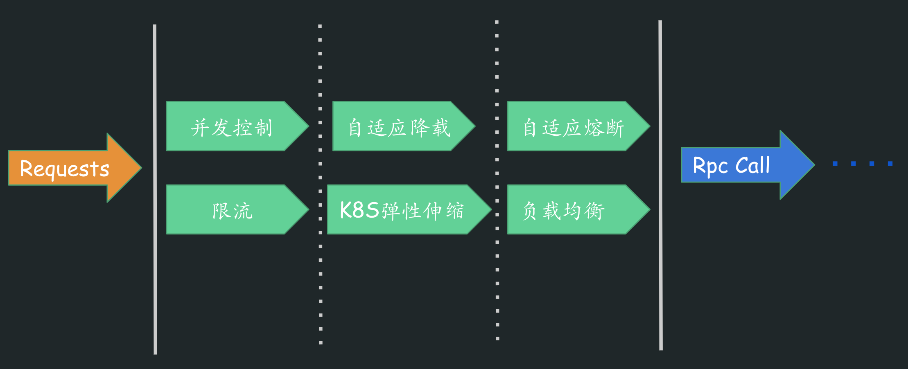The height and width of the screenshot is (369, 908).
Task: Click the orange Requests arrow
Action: pos(74,168)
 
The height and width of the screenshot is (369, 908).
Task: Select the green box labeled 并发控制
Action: pos(232,126)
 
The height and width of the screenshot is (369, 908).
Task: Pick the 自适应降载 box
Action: pos(399,126)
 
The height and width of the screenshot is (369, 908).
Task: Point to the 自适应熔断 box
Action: pos(573,126)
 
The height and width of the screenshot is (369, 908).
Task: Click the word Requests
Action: pos(65,169)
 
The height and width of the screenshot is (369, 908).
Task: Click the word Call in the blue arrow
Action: pos(752,165)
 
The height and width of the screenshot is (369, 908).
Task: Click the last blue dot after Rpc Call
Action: pos(890,164)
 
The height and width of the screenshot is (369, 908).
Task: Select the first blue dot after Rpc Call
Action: pos(835,164)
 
